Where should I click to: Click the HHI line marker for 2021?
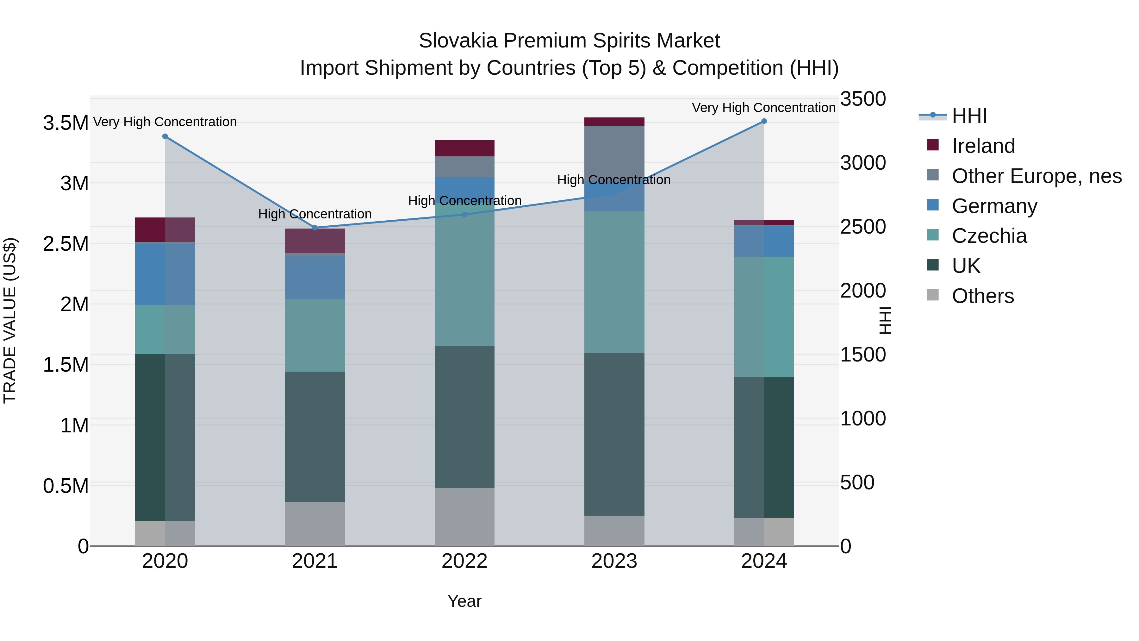click(315, 228)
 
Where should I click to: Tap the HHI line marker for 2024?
click(764, 121)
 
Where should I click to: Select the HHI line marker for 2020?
click(165, 136)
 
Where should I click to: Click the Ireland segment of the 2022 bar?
click(464, 148)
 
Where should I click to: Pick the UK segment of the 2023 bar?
click(614, 434)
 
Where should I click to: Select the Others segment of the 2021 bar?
click(315, 524)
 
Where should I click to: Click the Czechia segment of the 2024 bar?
click(764, 316)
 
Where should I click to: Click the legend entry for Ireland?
click(983, 146)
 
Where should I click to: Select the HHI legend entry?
click(969, 116)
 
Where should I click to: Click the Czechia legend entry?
click(989, 236)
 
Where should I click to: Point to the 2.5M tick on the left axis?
click(65, 244)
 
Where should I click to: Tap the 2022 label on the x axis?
click(464, 561)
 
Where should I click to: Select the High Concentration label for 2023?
click(614, 180)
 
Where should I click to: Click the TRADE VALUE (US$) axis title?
click(10, 320)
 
